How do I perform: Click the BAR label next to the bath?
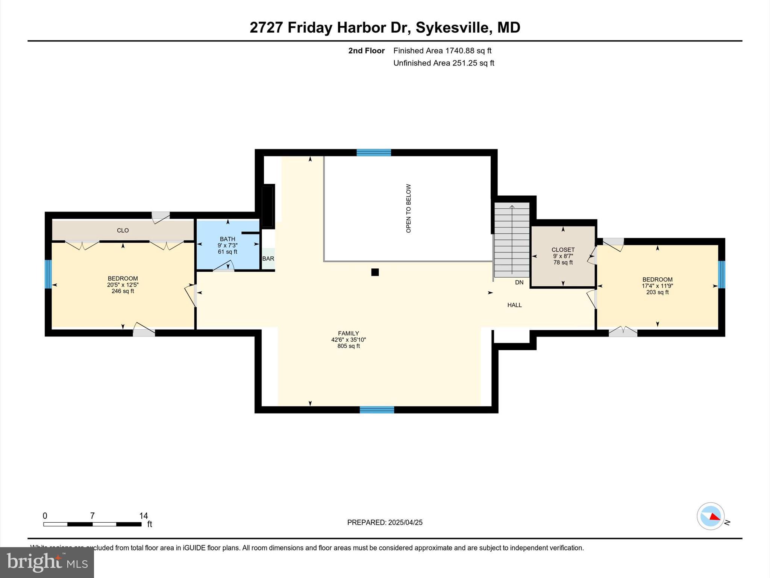pos(268,259)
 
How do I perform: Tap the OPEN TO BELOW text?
pos(408,208)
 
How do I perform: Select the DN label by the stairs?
pos(519,282)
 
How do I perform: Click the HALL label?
pos(514,305)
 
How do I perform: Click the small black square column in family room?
pos(375,272)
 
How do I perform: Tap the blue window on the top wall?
pos(374,152)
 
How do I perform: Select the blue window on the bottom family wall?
pos(377,410)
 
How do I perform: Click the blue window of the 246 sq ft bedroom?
pos(48,274)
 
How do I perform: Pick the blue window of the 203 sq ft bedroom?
pos(721,275)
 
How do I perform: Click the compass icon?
pos(710,516)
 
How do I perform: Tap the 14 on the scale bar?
pos(143,516)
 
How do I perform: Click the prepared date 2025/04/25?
pos(405,522)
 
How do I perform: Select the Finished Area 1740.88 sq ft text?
pos(442,50)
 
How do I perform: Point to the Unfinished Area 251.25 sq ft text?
pos(444,63)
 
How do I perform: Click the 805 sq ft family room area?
pos(349,346)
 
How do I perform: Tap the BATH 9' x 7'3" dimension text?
pos(227,245)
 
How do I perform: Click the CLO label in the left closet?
pos(123,230)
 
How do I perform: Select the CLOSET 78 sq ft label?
pos(563,262)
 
